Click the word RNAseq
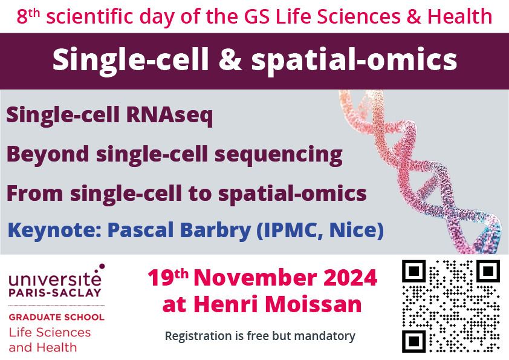169,116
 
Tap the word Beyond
48,154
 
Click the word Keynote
55,231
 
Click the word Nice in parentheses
357,230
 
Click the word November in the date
256,278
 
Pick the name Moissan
313,304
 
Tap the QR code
451,306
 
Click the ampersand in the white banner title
230,59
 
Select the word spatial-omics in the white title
354,60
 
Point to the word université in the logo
55,278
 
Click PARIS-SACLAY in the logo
55,292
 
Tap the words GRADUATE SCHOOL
56,317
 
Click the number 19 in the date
159,278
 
